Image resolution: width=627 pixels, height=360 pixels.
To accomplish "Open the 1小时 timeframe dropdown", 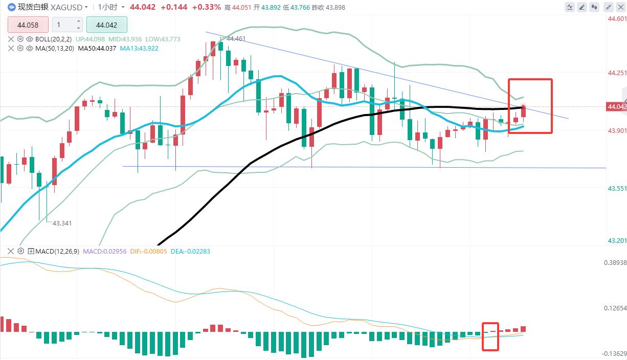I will click(x=110, y=7).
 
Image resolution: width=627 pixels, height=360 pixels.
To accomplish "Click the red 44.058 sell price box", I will click(x=28, y=25).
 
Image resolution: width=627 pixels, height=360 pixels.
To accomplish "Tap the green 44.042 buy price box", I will click(x=106, y=25).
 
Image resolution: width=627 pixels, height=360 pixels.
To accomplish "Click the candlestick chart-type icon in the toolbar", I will click(x=595, y=7).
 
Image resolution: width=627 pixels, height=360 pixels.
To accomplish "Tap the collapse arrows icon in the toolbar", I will click(x=621, y=7).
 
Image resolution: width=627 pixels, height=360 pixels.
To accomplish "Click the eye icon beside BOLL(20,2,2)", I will click(x=30, y=39).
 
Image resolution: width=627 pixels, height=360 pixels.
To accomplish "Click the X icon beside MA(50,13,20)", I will click(x=11, y=48).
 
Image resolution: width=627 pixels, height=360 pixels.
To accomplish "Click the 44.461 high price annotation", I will click(x=236, y=38).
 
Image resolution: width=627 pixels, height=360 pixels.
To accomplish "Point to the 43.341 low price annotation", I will click(x=62, y=223).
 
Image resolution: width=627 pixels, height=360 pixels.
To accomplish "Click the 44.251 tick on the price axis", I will click(x=617, y=73).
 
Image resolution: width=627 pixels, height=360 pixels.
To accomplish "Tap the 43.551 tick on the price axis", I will click(x=617, y=188).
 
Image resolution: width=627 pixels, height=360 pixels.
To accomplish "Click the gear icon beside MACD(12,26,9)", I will click(x=20, y=251).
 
